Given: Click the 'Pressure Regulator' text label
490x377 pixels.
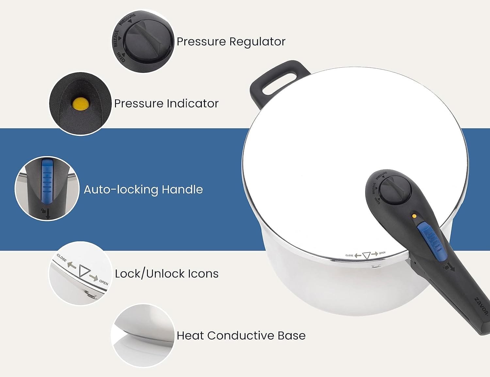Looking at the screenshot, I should pyautogui.click(x=231, y=42).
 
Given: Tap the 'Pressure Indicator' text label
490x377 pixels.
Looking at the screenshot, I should pyautogui.click(x=166, y=104).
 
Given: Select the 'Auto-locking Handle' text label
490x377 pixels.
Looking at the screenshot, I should pyautogui.click(x=143, y=189).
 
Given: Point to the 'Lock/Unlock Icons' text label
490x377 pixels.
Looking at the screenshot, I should pyautogui.click(x=167, y=274).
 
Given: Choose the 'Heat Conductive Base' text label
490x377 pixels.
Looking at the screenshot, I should pyautogui.click(x=241, y=336).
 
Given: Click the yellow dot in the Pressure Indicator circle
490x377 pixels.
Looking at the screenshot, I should pyautogui.click(x=81, y=104).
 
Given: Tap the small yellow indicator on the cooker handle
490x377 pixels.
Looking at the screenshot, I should pyautogui.click(x=414, y=216).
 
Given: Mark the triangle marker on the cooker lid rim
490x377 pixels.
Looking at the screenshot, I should pyautogui.click(x=366, y=255).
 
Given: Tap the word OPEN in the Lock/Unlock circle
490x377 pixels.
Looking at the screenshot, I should pyautogui.click(x=104, y=282).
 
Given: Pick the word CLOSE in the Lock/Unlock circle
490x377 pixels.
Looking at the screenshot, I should pyautogui.click(x=61, y=257).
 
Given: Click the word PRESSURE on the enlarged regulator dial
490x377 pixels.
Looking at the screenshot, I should pyautogui.click(x=128, y=19).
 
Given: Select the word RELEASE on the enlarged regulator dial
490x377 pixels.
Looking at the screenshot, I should pyautogui.click(x=116, y=39).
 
